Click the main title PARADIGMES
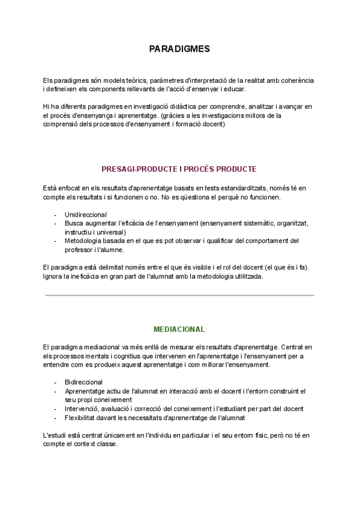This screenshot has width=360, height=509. (x=179, y=49)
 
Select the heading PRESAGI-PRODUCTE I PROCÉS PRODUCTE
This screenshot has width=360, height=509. (x=179, y=169)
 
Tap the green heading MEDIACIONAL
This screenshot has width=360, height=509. (x=179, y=330)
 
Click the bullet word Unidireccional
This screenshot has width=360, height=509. (x=86, y=214)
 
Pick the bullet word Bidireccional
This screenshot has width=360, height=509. (x=84, y=382)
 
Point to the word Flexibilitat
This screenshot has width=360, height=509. (x=82, y=418)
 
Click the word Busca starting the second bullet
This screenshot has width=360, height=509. (x=74, y=223)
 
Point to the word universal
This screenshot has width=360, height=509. (x=111, y=232)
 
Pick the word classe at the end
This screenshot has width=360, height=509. (x=107, y=444)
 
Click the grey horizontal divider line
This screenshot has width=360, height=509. (x=179, y=295)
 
